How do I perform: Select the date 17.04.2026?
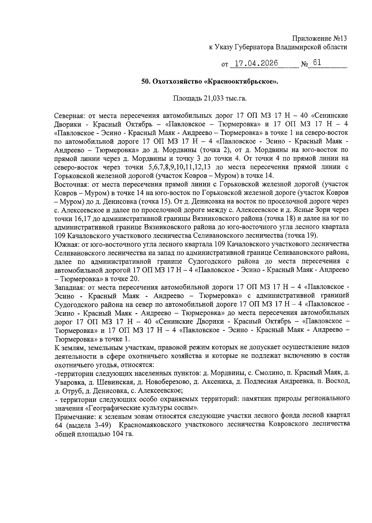(256, 63)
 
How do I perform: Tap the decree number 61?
(317, 63)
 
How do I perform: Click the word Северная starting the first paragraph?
(69, 116)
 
